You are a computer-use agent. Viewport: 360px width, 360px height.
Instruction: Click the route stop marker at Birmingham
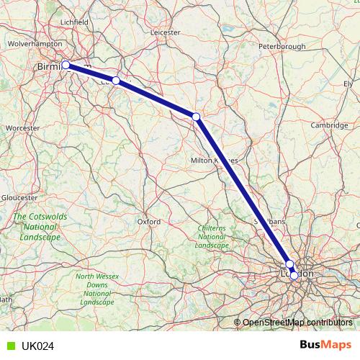[66, 65]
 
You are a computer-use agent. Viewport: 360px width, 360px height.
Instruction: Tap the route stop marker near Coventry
[116, 81]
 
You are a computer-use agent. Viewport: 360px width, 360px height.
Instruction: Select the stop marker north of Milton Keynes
[196, 116]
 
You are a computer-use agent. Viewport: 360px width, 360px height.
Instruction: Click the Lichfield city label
[74, 22]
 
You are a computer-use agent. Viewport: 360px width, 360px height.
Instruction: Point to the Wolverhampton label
[35, 44]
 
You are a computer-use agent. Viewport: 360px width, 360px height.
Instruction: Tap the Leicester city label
[165, 32]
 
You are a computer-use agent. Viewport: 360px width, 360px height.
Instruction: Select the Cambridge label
[329, 125]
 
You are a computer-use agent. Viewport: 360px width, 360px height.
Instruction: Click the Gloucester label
[19, 197]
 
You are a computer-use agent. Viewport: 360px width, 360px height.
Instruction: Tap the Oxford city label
[148, 222]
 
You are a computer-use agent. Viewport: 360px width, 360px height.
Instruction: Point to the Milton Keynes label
[214, 160]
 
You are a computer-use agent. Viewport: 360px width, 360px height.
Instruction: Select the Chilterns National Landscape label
[212, 237]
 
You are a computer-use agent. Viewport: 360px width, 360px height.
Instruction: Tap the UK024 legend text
[37, 346]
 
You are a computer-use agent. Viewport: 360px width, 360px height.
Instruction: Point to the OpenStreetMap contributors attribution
[297, 322]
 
